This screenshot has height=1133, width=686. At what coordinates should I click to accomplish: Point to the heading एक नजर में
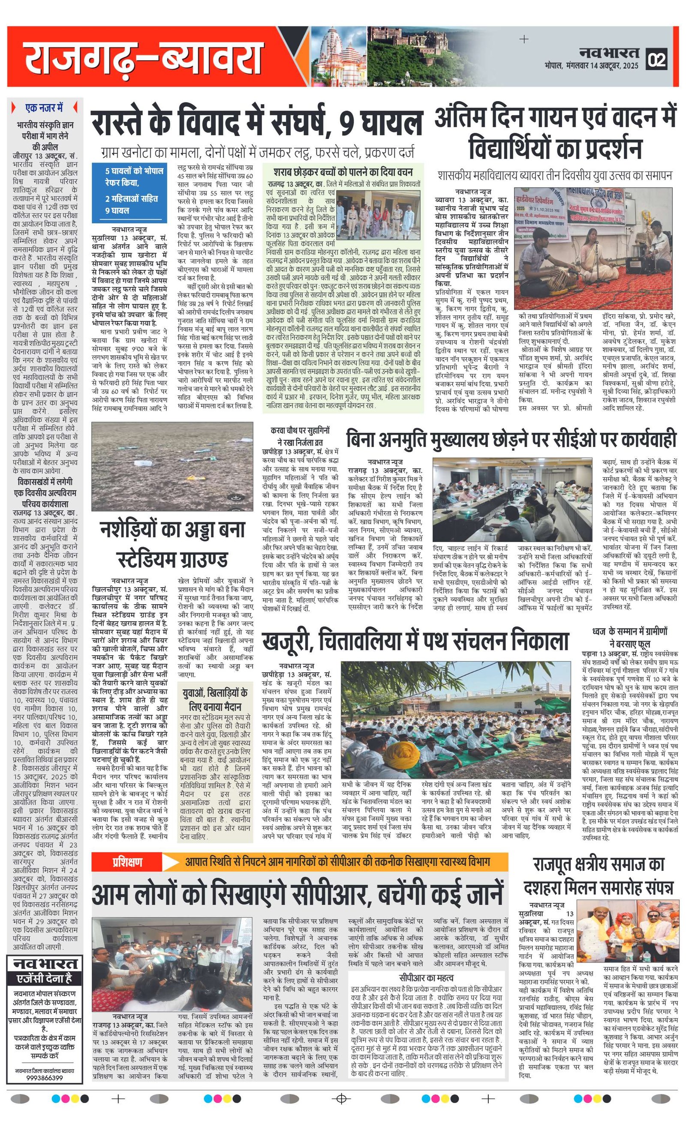point(44,108)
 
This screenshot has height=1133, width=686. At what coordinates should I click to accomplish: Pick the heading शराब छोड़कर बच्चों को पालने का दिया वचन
point(343,172)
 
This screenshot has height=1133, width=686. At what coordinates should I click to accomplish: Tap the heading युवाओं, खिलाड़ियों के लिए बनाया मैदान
point(215,699)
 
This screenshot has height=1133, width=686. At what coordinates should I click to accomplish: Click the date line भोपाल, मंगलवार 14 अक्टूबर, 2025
point(591,66)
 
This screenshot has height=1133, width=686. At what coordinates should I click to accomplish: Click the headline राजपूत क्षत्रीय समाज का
point(599,864)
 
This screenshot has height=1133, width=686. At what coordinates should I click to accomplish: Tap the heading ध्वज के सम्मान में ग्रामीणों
point(629,632)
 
